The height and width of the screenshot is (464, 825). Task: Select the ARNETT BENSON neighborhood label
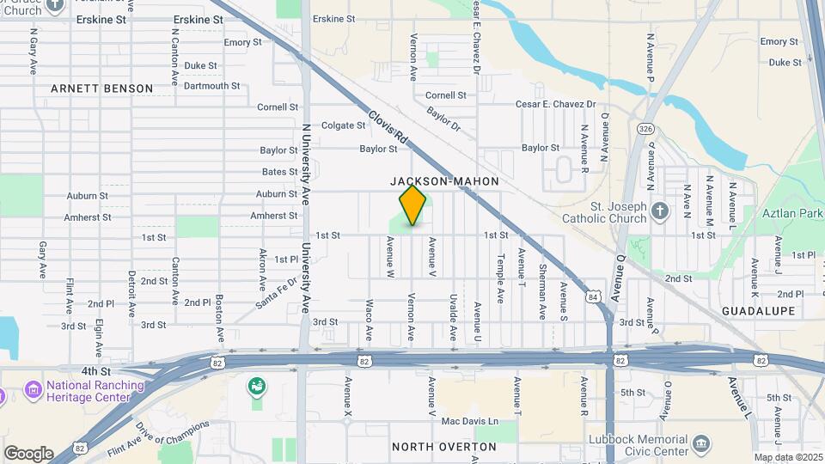click(101, 89)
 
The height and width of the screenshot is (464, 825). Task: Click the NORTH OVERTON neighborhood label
click(443, 447)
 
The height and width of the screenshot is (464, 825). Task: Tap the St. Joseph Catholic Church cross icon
click(659, 211)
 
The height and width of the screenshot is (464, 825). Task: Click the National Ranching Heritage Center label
click(84, 392)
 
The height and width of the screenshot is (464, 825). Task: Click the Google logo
click(28, 453)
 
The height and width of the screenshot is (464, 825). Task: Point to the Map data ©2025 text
click(787, 457)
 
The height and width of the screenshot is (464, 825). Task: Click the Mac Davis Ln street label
click(469, 421)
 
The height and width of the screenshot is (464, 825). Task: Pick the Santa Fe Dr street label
click(276, 293)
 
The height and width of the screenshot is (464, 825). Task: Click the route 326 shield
click(645, 128)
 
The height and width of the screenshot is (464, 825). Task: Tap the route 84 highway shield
click(593, 296)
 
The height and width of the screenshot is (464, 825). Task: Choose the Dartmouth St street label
click(211, 86)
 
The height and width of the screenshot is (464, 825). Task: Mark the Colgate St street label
click(343, 125)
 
